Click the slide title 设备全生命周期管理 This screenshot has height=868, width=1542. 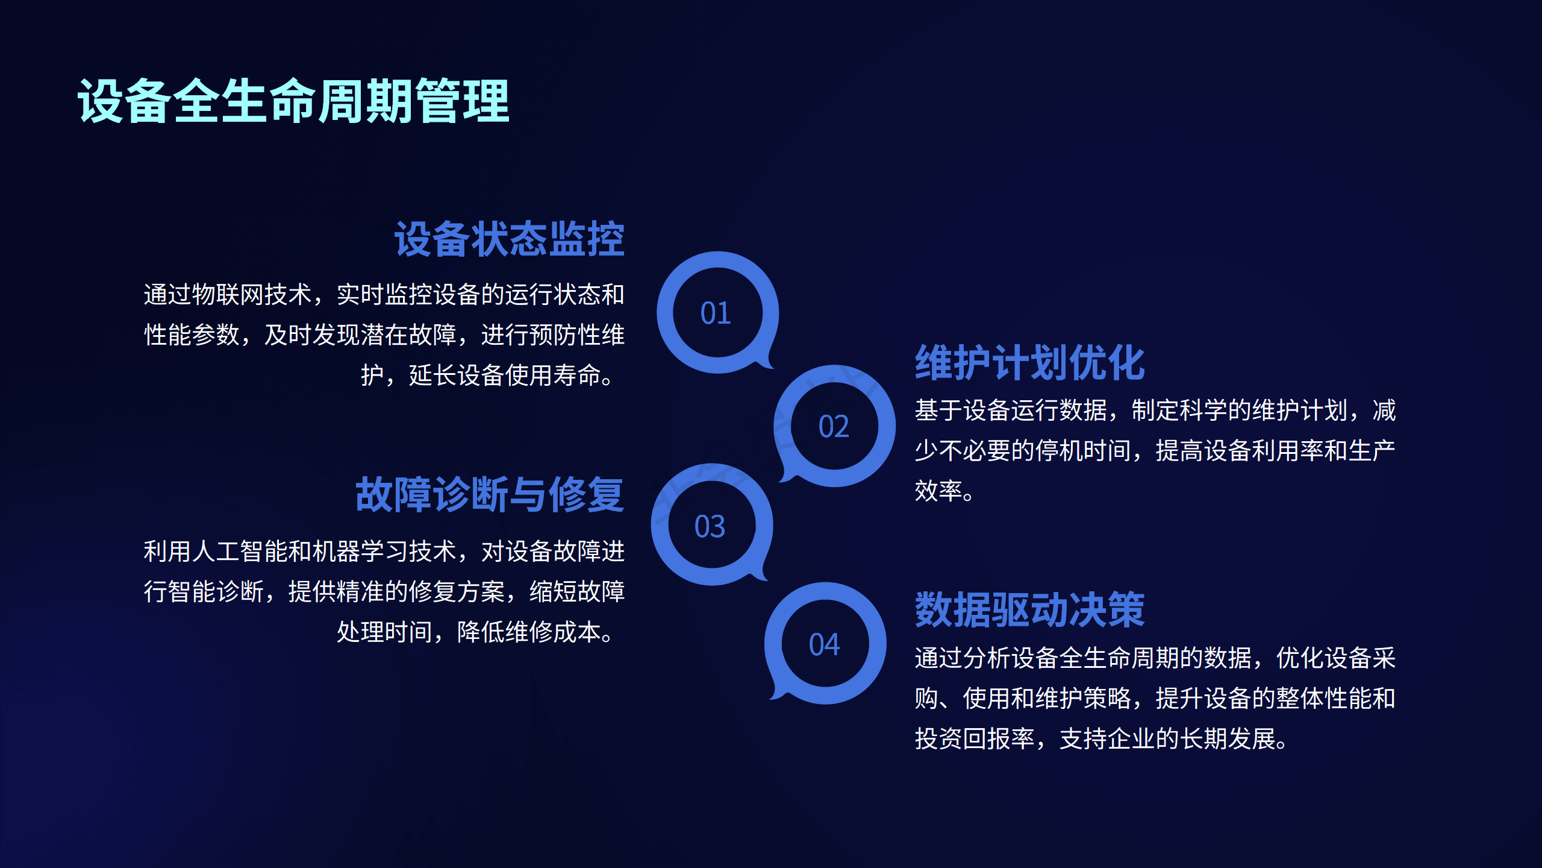(x=294, y=101)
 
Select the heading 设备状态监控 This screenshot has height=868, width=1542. (x=510, y=239)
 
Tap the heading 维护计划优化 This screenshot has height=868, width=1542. (x=1030, y=363)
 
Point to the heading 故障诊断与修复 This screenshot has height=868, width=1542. (x=490, y=494)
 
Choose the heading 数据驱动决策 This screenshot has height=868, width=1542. (x=1030, y=610)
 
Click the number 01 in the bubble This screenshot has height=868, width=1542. (x=716, y=313)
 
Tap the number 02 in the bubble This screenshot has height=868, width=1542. (x=834, y=427)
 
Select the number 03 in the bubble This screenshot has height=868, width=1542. (x=710, y=527)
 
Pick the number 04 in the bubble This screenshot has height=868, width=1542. (x=824, y=645)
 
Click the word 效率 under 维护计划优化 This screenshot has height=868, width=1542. (x=938, y=491)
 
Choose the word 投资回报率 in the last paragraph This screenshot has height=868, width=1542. (x=975, y=739)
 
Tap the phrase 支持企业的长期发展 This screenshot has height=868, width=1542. (x=1167, y=739)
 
